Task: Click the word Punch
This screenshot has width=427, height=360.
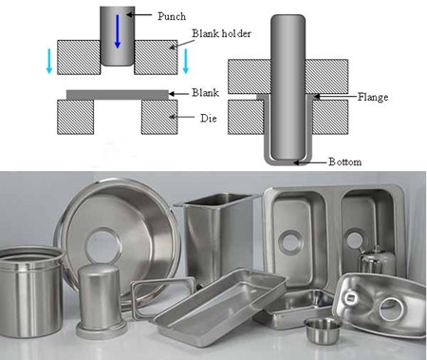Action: click(172, 16)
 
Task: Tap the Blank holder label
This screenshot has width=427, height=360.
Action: click(221, 33)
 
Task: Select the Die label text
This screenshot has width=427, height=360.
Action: click(209, 119)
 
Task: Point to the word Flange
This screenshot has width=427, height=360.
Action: click(373, 97)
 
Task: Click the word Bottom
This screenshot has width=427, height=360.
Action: click(344, 161)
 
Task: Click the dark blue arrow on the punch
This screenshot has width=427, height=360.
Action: click(118, 31)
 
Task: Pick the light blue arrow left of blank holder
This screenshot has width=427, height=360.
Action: click(49, 61)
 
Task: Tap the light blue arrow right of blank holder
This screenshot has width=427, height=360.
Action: click(186, 61)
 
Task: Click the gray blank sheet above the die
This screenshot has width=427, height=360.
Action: click(118, 95)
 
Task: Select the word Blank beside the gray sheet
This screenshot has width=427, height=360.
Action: click(205, 92)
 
